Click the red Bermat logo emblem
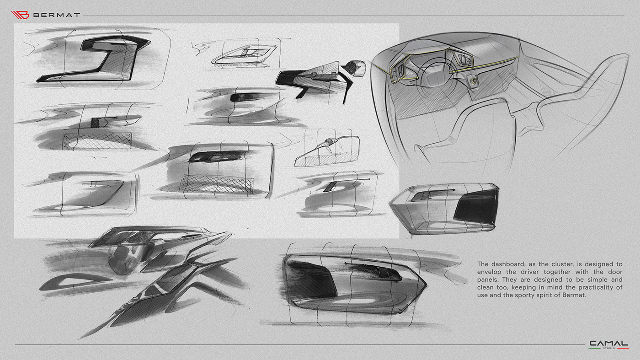point(21,15)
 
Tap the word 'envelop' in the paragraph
point(490,272)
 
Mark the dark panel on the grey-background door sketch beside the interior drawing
point(480,208)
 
